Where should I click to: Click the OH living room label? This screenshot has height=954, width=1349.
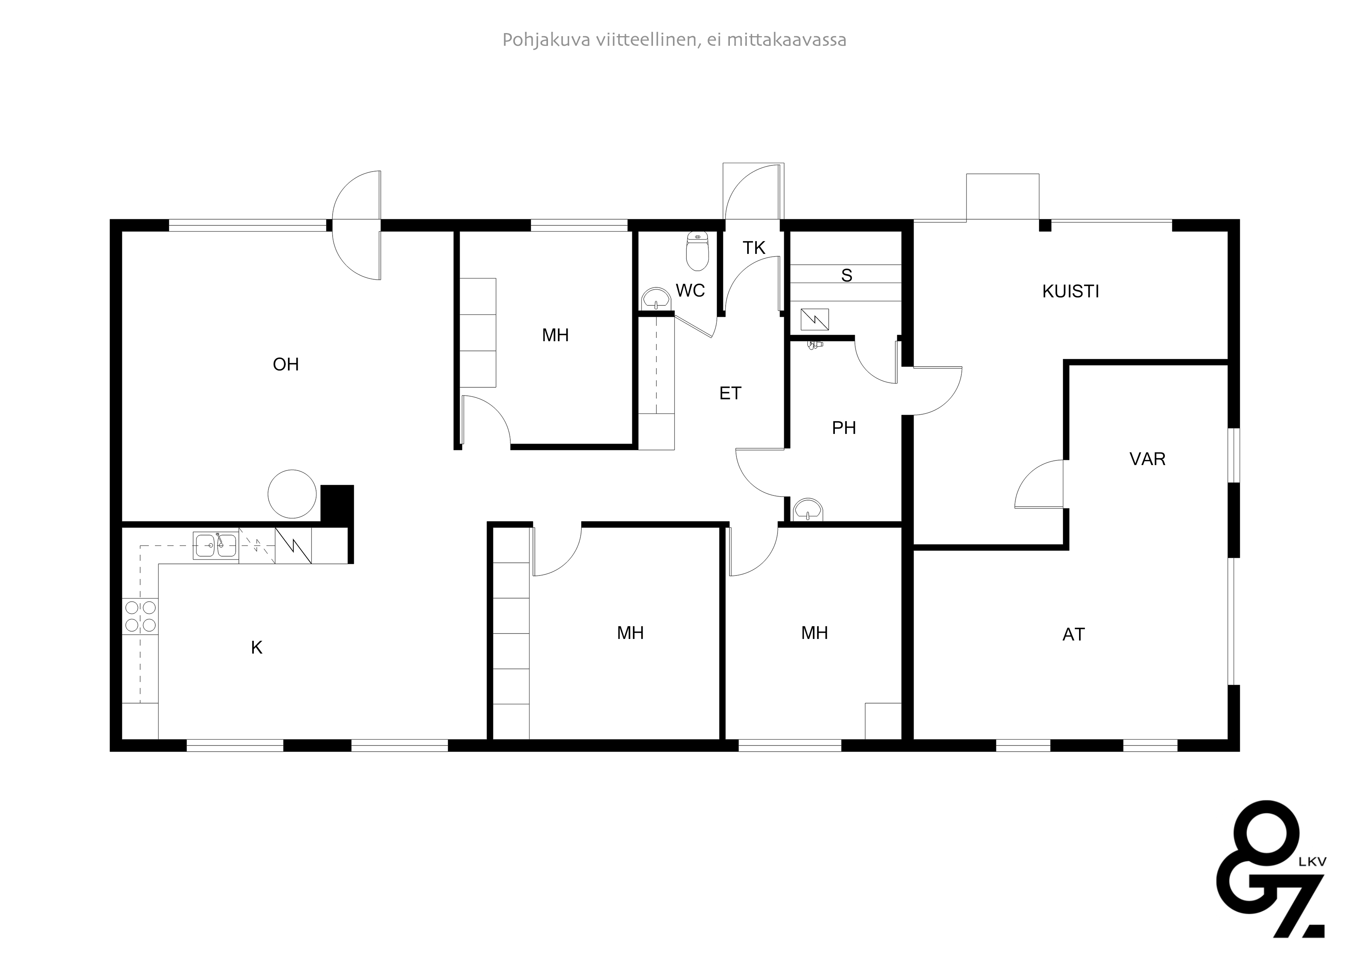tap(286, 364)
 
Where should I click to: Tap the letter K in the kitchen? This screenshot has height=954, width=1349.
tap(257, 648)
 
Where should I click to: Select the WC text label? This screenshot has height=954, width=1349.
tap(690, 290)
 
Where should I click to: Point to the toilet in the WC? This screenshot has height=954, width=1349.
tap(698, 251)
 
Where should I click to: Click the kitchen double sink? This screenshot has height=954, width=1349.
tap(216, 545)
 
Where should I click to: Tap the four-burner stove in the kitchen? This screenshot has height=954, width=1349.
tap(140, 616)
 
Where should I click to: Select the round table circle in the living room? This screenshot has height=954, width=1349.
tap(292, 494)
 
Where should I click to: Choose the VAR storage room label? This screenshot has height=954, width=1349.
tap(1147, 459)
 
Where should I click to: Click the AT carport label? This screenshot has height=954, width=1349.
tap(1073, 635)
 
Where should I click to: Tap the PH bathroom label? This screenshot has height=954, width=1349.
tap(844, 428)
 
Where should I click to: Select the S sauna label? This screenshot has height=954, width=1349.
tap(847, 275)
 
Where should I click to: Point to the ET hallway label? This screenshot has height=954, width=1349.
tap(730, 393)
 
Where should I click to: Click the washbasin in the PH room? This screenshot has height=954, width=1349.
tap(808, 510)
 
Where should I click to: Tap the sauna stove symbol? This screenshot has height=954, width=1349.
tap(815, 320)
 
